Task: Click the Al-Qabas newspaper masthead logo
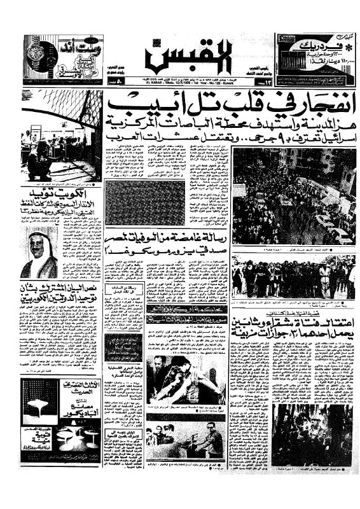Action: pos(179,59)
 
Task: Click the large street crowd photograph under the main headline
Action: pos(293,196)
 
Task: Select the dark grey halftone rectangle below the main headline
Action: pos(145,204)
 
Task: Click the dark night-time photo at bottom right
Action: pos(312,433)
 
